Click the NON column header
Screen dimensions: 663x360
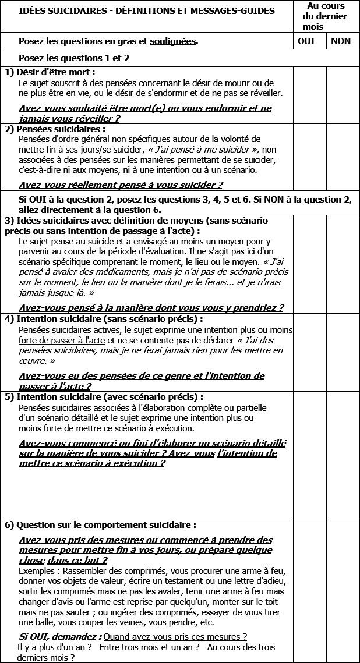click(341, 41)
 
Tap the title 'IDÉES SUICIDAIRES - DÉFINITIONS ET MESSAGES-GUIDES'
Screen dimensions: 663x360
click(147, 11)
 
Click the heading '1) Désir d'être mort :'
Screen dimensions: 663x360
click(50, 72)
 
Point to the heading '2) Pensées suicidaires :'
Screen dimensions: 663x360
click(55, 129)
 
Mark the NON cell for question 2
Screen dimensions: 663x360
click(343, 157)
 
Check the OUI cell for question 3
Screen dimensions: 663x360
click(309, 264)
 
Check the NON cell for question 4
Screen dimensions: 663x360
click(343, 352)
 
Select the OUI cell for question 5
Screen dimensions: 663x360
click(309, 454)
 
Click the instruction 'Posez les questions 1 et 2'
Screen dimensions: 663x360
click(74, 58)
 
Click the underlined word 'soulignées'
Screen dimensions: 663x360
click(172, 41)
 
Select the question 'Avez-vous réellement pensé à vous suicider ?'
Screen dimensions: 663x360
click(121, 185)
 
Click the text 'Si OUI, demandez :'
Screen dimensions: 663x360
click(61, 637)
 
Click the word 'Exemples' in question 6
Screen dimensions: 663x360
click(37, 570)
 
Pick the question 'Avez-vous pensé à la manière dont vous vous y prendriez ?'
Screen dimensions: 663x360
click(151, 308)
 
